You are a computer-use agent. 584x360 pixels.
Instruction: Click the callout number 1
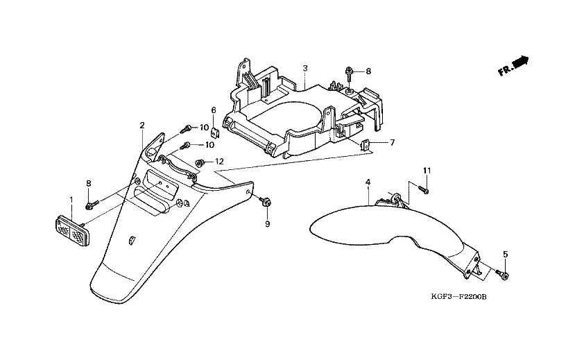coord(71,200)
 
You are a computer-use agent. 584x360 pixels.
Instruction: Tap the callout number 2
coord(142,126)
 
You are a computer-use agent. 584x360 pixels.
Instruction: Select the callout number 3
coord(304,67)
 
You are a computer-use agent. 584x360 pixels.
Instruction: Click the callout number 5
coord(506,255)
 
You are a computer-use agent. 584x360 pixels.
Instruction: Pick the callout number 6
coord(214,110)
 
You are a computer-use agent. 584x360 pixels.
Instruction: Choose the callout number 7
coord(392,143)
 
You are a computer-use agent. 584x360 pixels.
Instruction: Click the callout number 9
coord(267,225)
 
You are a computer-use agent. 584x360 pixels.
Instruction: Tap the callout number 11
coord(427,171)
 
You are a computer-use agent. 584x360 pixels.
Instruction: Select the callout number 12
coord(219,162)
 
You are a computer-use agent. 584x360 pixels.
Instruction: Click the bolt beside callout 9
coord(265,202)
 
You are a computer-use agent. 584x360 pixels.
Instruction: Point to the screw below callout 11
coord(425,189)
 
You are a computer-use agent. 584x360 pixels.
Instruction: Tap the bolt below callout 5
coord(504,276)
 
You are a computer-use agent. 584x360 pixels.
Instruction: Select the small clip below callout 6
coord(215,132)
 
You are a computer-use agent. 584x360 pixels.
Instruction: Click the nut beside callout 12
coord(200,163)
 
